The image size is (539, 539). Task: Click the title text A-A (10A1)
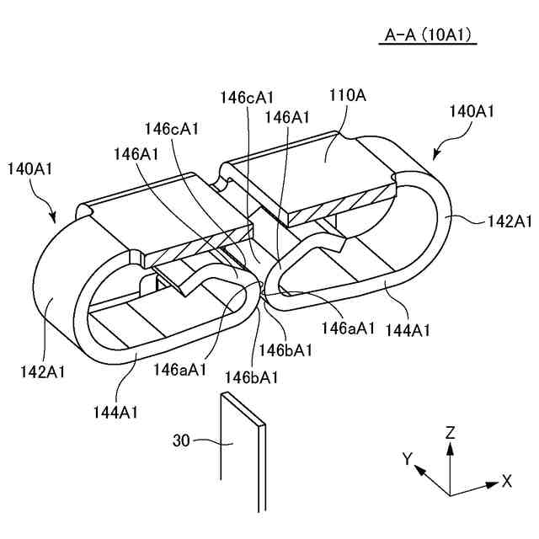click(x=427, y=35)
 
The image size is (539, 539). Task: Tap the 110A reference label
click(x=349, y=96)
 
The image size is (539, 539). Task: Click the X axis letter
click(x=507, y=482)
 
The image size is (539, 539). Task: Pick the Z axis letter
click(x=451, y=433)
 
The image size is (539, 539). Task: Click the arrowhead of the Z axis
click(x=451, y=448)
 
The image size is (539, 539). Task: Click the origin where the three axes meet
click(x=451, y=495)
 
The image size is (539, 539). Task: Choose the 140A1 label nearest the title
click(x=472, y=111)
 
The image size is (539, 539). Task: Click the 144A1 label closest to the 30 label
click(x=116, y=412)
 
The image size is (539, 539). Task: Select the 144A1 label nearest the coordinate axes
click(x=408, y=331)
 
